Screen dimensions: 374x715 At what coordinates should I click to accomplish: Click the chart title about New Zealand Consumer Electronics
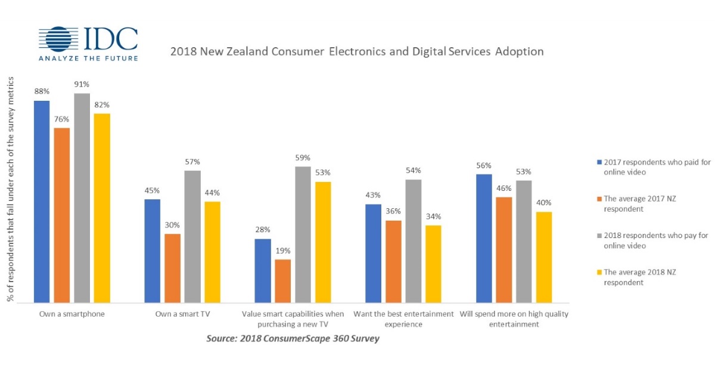coord(356,51)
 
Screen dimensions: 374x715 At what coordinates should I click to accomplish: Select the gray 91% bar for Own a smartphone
coord(82,197)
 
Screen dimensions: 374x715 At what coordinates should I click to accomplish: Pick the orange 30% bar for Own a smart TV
coord(172,268)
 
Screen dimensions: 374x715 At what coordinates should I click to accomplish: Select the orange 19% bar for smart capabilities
coord(283,281)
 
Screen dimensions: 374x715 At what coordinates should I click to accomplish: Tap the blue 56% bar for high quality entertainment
coord(484,238)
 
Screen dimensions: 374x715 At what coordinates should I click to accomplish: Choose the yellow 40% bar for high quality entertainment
coord(543,257)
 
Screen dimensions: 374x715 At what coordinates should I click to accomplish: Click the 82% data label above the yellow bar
coord(102,105)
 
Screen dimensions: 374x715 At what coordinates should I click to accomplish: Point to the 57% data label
coord(192,162)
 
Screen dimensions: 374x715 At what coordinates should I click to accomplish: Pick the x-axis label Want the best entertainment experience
coord(403,319)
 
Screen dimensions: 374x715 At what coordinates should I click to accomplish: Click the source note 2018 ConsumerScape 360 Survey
coord(293,339)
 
